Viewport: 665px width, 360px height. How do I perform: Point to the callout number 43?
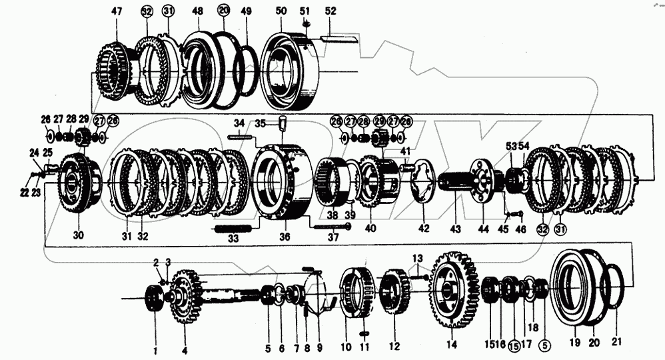tap(455, 229)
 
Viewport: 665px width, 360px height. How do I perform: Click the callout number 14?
tap(452, 345)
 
